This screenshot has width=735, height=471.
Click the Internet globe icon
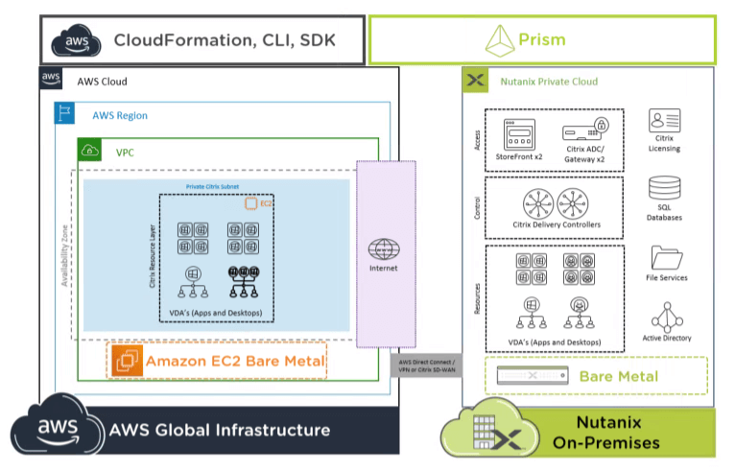click(x=384, y=247)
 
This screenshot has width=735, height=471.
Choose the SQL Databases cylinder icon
click(x=664, y=189)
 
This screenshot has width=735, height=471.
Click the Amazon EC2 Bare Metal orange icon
click(x=128, y=362)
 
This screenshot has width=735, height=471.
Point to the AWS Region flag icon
click(x=64, y=114)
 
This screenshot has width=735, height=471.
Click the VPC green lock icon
click(x=89, y=151)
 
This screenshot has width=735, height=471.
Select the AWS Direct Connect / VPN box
click(x=425, y=365)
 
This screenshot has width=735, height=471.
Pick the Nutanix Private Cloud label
click(x=549, y=82)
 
